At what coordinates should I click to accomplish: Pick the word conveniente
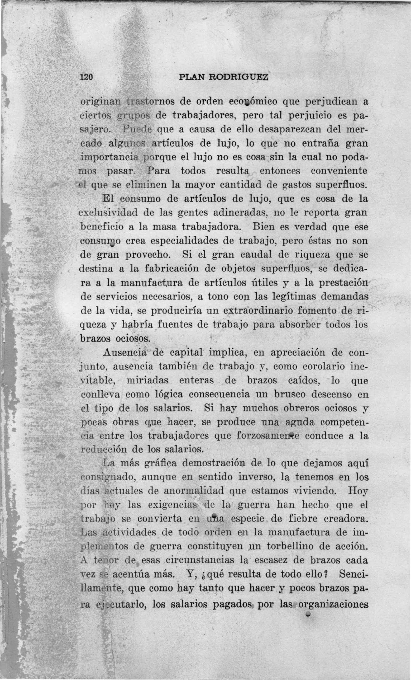point(339,171)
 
